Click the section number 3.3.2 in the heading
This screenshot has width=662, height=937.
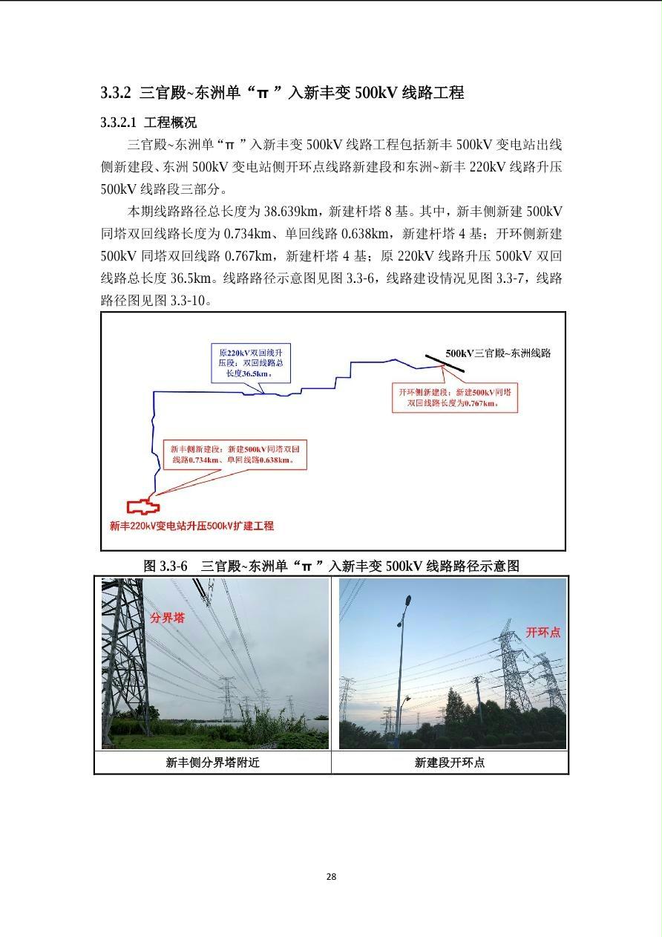116,93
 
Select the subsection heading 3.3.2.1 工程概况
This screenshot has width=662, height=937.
148,123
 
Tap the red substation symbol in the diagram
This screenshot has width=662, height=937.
142,507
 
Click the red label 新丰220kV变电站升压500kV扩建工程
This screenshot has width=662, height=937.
191,526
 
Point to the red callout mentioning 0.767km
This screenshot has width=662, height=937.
454,397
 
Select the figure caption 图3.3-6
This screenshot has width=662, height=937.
331,566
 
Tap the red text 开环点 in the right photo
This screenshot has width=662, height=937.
543,632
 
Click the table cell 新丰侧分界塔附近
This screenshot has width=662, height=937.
212,763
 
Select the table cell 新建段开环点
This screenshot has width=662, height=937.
450,763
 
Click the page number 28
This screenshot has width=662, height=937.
331,876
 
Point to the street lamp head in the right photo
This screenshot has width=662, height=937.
407,600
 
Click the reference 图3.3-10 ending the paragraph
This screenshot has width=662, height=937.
156,301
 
